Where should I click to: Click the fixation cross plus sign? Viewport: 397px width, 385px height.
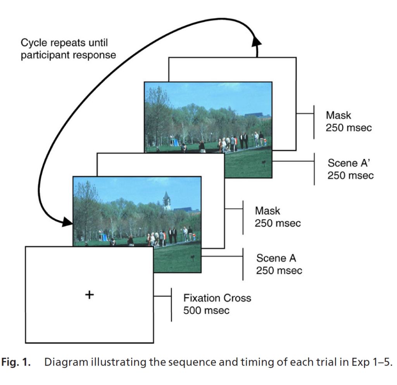[89, 295]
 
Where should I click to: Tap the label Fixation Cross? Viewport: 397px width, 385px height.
[217, 298]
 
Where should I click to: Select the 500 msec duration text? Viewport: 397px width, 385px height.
[206, 311]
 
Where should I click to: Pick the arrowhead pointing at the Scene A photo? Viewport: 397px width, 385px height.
[67, 222]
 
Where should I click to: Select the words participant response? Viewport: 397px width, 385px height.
[68, 55]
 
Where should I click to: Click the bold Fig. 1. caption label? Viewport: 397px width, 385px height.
[16, 362]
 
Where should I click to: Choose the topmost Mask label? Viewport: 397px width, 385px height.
[338, 115]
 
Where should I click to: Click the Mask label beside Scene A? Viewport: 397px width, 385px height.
[268, 211]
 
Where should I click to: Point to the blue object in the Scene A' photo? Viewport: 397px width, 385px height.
[176, 143]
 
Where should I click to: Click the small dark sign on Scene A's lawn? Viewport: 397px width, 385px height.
[193, 257]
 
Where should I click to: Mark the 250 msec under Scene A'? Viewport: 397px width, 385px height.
[350, 175]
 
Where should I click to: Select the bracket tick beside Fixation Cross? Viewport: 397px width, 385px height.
[171, 305]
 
